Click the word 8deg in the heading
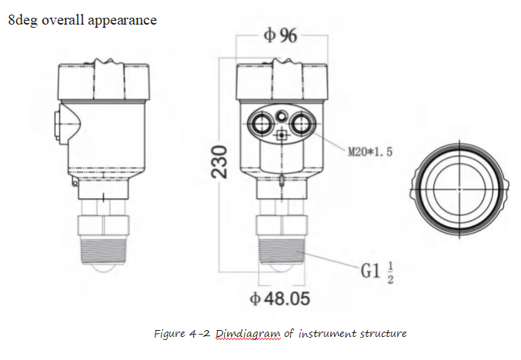pyautogui.click(x=23, y=20)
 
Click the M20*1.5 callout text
pyautogui.click(x=370, y=152)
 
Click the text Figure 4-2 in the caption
pyautogui.click(x=182, y=333)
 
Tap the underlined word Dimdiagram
pyautogui.click(x=242, y=333)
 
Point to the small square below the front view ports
pyautogui.click(x=282, y=136)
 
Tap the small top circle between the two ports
pyautogui.click(x=282, y=115)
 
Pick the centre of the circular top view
pyautogui.click(x=459, y=187)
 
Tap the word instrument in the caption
pyautogui.click(x=323, y=333)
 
